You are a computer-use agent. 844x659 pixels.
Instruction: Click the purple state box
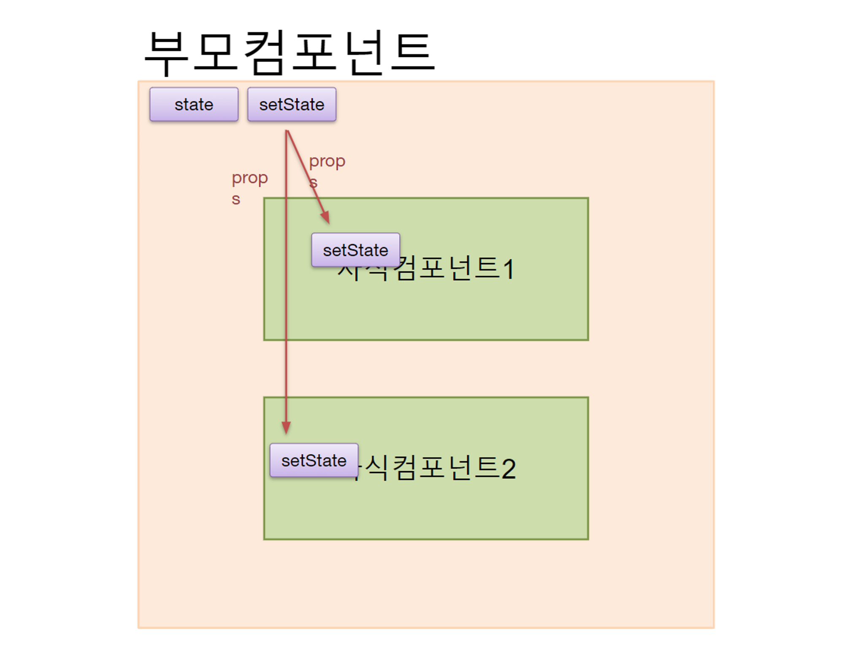click(194, 104)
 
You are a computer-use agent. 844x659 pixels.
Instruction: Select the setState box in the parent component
click(292, 104)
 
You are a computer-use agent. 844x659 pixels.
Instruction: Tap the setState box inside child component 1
click(355, 250)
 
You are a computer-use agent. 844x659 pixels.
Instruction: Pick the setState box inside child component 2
click(314, 460)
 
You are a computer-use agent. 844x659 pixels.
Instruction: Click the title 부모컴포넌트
click(289, 53)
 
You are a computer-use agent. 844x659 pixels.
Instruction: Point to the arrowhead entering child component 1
click(325, 217)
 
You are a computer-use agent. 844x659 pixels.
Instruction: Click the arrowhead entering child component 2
click(286, 428)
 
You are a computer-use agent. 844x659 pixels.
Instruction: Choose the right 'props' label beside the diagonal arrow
click(327, 169)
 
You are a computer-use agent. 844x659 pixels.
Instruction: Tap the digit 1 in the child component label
click(509, 269)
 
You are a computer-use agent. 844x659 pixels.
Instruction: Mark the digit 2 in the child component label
click(509, 469)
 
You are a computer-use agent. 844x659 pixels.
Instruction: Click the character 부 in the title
click(165, 53)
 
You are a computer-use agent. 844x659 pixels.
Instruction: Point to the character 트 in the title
click(412, 53)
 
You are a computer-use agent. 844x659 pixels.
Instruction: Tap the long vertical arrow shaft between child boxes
click(286, 367)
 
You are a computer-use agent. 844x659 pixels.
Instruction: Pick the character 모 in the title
click(214, 53)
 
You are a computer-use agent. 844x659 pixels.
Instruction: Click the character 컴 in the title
click(264, 53)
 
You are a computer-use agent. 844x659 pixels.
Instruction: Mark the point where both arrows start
click(287, 131)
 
